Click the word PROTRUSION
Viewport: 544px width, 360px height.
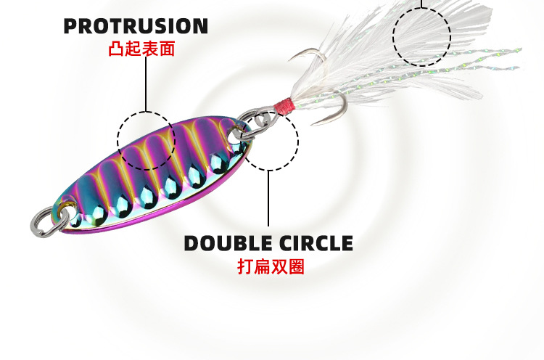(x=136, y=27)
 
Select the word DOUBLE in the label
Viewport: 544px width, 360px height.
(x=222, y=242)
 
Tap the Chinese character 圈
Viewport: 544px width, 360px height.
(x=296, y=266)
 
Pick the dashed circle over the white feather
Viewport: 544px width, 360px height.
(x=422, y=36)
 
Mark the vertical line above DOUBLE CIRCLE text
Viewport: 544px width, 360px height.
(x=269, y=200)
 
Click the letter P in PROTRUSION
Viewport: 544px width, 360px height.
(x=71, y=27)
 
